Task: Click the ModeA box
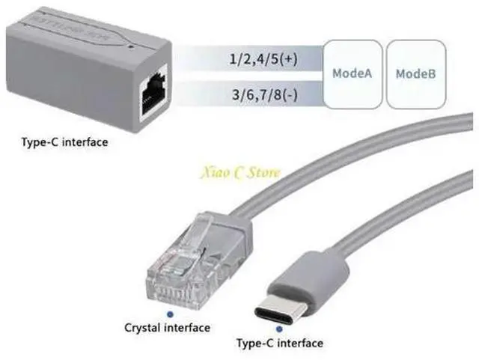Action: [352, 73]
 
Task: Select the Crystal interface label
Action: [167, 327]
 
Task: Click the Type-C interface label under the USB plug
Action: [279, 343]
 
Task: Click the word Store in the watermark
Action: [262, 173]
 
